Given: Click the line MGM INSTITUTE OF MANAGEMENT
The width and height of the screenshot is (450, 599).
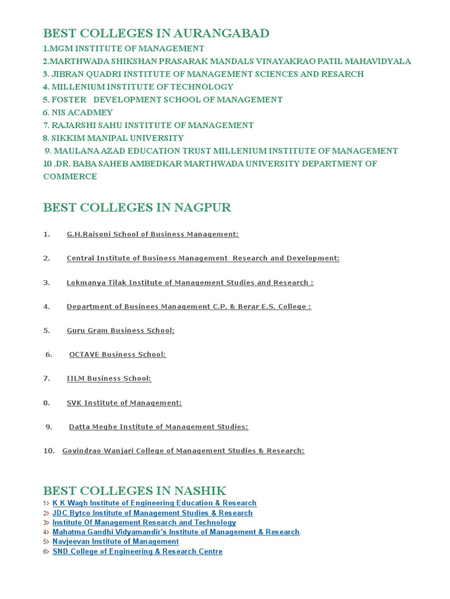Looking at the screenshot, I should pos(124,49).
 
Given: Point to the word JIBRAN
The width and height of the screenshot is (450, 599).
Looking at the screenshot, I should pos(70,74).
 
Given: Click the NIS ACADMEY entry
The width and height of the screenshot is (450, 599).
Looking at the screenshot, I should pos(77,112).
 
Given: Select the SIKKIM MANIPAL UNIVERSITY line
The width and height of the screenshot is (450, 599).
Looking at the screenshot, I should pos(113,138).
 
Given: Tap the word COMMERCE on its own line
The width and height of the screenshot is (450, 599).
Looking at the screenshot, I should pos(70,176).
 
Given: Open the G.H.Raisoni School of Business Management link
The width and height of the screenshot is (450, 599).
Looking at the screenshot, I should pos(152,234).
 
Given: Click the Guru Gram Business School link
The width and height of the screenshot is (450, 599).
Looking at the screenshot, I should pos(120,331).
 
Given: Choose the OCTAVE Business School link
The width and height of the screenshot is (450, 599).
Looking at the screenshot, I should pos(117,354).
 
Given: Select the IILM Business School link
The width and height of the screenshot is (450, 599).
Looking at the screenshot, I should pos(108,378).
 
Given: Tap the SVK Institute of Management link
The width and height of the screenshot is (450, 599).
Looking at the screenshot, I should pos(124,403).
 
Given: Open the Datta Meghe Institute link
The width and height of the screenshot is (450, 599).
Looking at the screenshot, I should pos(158,427).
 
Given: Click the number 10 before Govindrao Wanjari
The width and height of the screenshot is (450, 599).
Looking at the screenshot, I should pos(49,451).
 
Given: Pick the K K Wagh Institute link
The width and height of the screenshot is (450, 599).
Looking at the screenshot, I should pos(154,503).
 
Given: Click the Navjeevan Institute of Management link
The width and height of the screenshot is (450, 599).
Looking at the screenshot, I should pos(115,542).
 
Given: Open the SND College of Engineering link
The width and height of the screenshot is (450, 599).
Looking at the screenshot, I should pos(137,552).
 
